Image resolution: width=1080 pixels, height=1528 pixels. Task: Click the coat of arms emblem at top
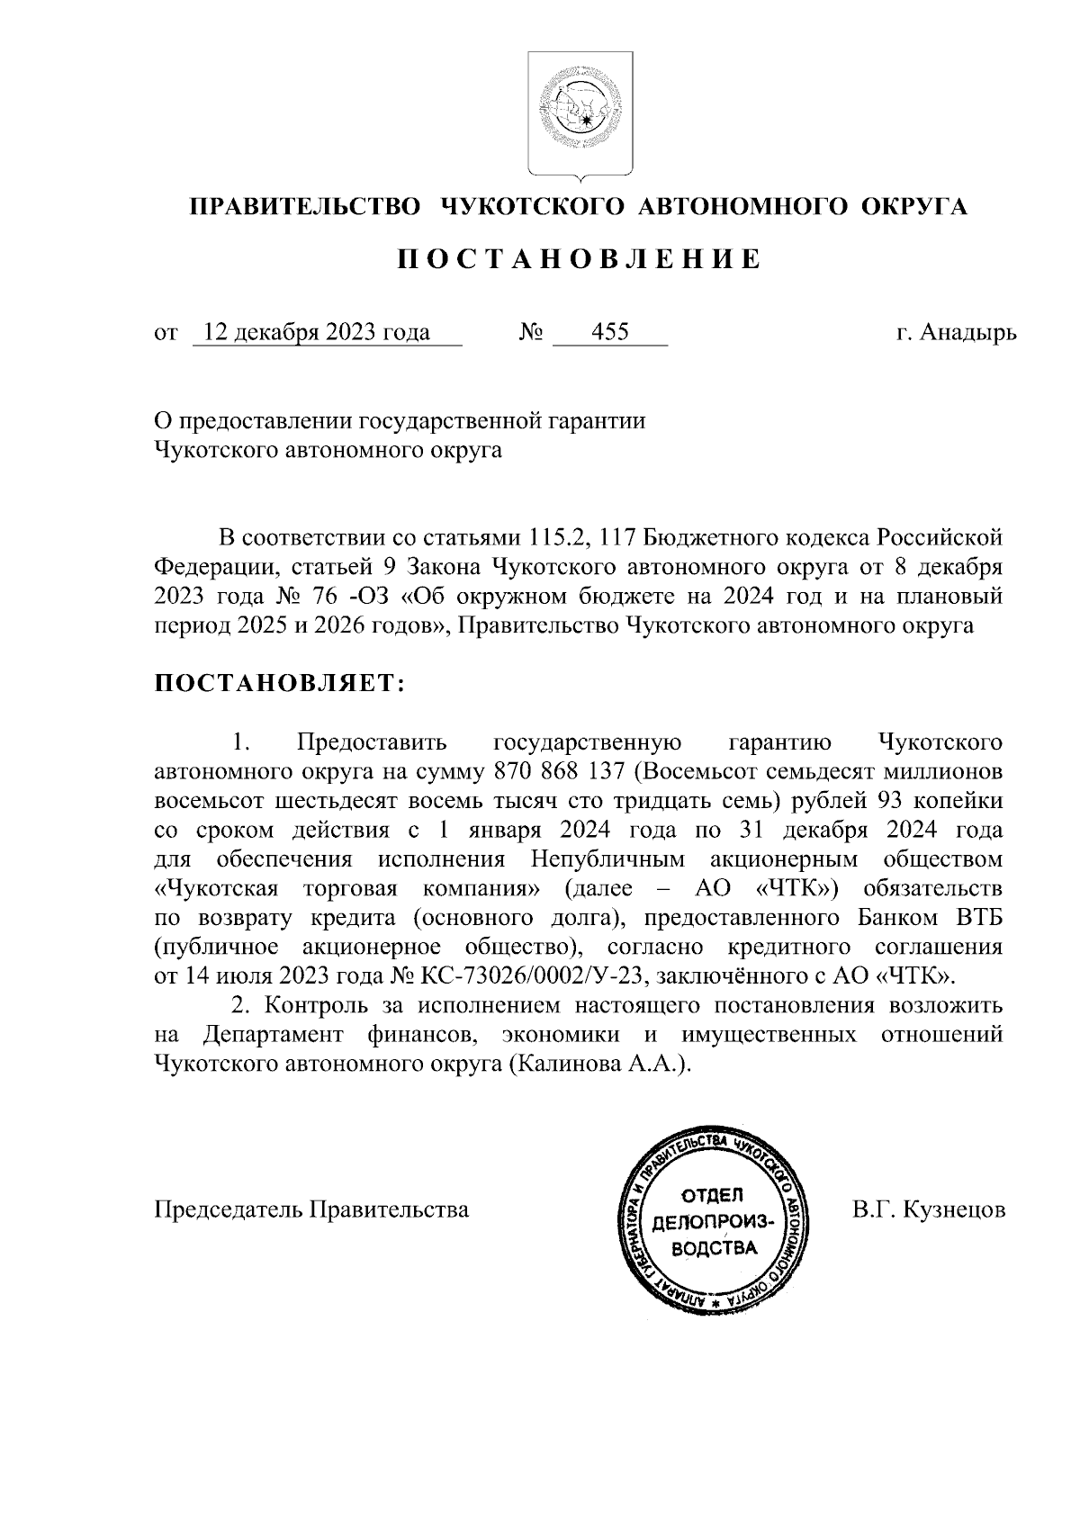[580, 112]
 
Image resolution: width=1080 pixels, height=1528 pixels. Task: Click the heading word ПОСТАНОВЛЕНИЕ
[580, 259]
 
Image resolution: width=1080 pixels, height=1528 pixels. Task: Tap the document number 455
[609, 333]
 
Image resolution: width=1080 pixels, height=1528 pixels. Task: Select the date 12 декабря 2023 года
[316, 333]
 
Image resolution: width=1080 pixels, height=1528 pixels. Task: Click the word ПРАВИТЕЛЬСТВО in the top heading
[305, 207]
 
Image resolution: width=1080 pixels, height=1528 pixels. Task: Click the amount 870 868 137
[559, 771]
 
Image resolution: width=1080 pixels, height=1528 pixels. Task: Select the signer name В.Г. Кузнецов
[929, 1210]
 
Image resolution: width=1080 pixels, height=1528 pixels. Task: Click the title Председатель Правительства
[312, 1210]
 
